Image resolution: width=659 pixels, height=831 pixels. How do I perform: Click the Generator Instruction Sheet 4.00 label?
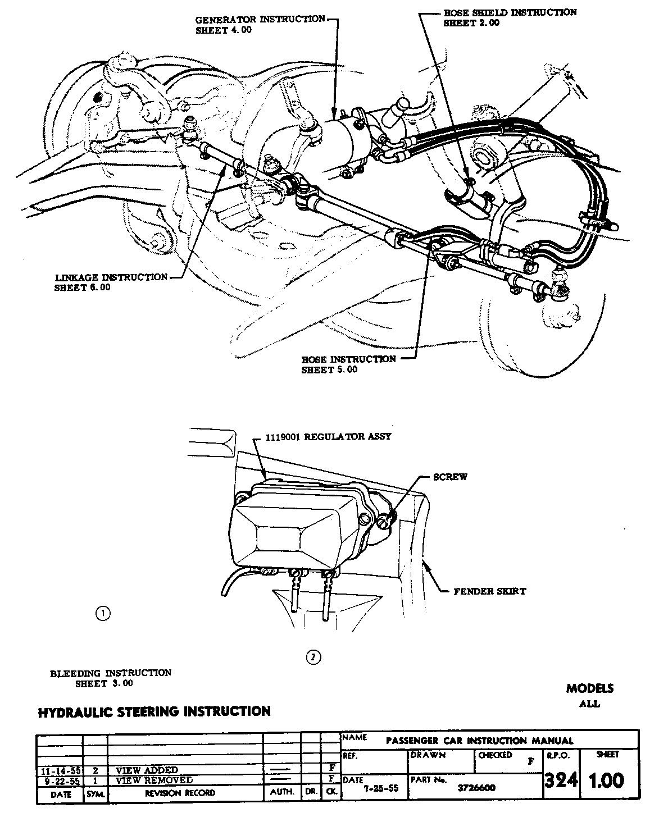pyautogui.click(x=260, y=25)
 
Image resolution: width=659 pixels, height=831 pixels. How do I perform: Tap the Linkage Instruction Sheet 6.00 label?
pyautogui.click(x=111, y=282)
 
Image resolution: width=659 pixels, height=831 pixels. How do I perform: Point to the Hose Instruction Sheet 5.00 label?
pyautogui.click(x=348, y=364)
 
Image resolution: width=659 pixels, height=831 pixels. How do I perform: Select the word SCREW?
pyautogui.click(x=450, y=477)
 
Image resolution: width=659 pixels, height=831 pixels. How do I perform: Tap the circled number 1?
pyautogui.click(x=103, y=613)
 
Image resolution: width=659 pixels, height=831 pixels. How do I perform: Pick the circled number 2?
pyautogui.click(x=313, y=656)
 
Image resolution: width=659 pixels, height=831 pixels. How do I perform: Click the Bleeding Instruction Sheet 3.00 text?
pyautogui.click(x=111, y=678)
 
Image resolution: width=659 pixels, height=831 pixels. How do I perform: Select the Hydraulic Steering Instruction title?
pyautogui.click(x=154, y=711)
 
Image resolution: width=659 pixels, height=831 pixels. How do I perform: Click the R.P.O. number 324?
pyautogui.click(x=561, y=780)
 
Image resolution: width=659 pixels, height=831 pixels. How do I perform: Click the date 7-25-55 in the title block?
pyautogui.click(x=381, y=788)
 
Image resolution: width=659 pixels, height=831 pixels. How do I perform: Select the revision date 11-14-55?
pyautogui.click(x=60, y=770)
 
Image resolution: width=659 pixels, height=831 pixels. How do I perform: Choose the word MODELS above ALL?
pyautogui.click(x=589, y=688)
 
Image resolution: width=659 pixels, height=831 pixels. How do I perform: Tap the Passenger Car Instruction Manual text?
pyautogui.click(x=480, y=741)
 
